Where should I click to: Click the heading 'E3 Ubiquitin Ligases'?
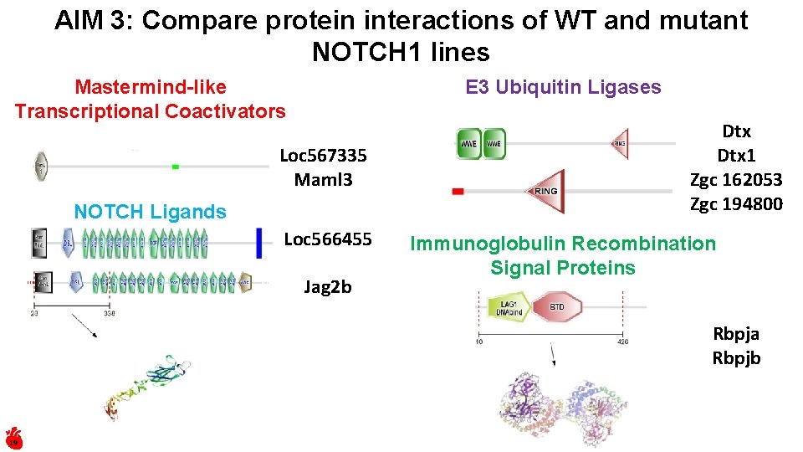pos(563,87)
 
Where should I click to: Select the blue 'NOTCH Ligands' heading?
pos(150,212)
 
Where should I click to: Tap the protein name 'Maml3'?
pos(323,179)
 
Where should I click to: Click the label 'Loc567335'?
pos(323,156)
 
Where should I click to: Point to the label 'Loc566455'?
pos(328,239)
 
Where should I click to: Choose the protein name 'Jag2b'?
pos(328,287)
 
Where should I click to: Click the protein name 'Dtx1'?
pos(736,156)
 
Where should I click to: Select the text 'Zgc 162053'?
pos(736,179)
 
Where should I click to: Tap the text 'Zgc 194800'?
pos(736,203)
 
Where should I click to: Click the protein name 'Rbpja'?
pos(736,333)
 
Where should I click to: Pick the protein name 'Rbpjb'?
pos(736,357)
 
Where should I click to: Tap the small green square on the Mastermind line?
pos(176,167)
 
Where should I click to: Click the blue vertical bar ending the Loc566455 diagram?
pos(260,244)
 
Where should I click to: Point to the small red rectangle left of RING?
pos(458,192)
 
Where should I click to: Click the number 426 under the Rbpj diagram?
pos(621,341)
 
